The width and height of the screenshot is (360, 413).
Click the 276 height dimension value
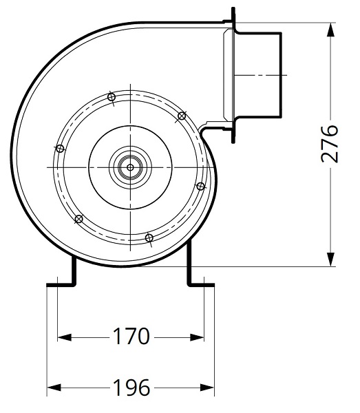331,143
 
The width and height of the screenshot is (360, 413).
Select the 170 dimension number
131,337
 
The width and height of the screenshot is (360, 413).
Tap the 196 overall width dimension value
131,388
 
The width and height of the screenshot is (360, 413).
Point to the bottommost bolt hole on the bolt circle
149,238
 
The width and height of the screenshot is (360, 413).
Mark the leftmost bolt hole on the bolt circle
60,148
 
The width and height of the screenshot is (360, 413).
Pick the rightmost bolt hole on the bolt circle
200,186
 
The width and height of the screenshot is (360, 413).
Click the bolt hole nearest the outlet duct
182,115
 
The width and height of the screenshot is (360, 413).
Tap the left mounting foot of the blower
63,278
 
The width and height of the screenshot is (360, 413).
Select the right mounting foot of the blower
199,278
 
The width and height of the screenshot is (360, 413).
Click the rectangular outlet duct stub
258,72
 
